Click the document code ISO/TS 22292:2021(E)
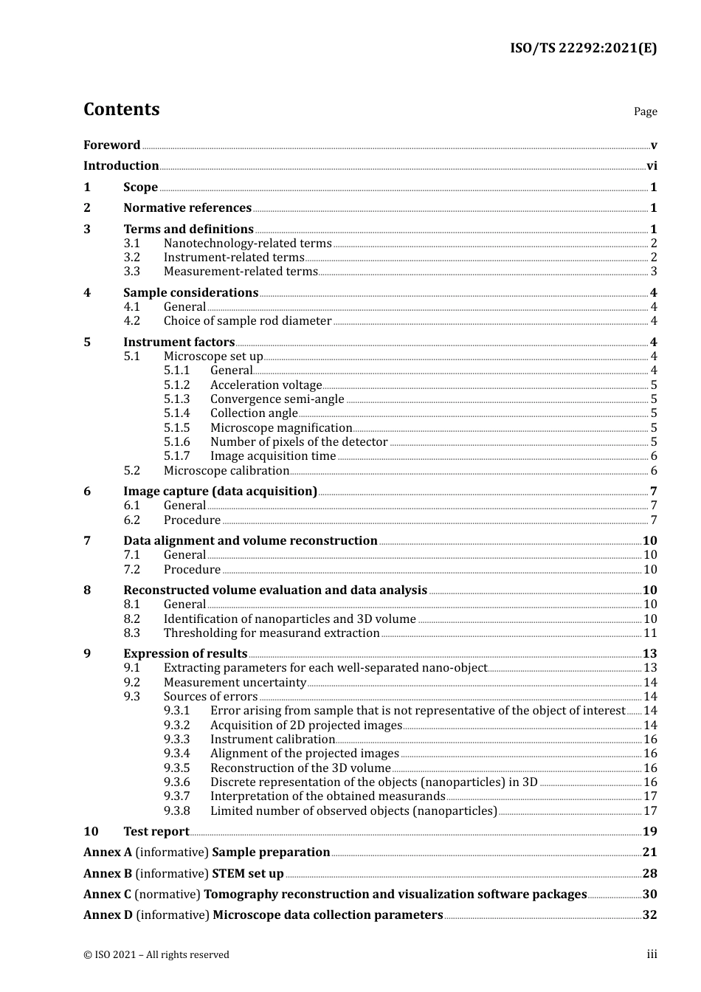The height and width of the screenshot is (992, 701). tap(583, 49)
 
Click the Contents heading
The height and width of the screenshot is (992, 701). tap(121, 109)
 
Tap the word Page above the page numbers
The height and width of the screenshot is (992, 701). tap(645, 111)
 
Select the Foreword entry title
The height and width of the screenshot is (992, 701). tap(111, 145)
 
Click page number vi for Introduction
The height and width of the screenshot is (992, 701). tap(652, 166)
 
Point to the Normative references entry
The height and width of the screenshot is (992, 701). tap(187, 208)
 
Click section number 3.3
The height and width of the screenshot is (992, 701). tap(131, 272)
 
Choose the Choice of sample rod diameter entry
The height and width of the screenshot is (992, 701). tap(247, 321)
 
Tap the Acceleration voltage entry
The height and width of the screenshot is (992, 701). tap(266, 385)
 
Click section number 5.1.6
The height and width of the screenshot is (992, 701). tap(176, 442)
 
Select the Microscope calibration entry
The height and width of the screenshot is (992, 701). tap(227, 471)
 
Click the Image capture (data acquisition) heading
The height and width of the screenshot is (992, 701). tap(220, 492)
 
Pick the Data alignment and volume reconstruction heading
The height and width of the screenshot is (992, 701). tap(250, 541)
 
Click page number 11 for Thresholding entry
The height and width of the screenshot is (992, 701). tap(650, 633)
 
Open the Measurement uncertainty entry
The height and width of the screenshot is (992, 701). tap(235, 683)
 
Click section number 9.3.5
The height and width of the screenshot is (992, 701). tap(176, 768)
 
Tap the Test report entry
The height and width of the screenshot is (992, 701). tap(156, 832)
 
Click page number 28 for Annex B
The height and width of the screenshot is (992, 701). tap(649, 874)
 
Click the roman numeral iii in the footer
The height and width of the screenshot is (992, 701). tap(652, 954)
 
